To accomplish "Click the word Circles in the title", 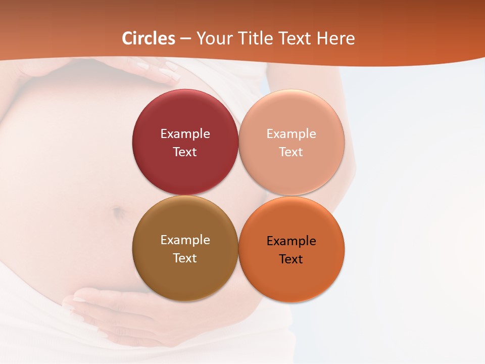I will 149,38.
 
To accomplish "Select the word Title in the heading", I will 259,38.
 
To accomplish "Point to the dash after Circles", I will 185,39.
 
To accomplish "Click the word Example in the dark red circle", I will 185,134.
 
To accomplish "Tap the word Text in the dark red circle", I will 185,152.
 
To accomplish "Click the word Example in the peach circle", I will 291,134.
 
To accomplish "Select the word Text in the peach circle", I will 291,152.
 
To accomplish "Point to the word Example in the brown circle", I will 185,240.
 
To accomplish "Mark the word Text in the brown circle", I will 185,258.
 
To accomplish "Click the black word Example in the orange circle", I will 291,241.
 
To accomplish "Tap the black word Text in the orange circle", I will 291,259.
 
